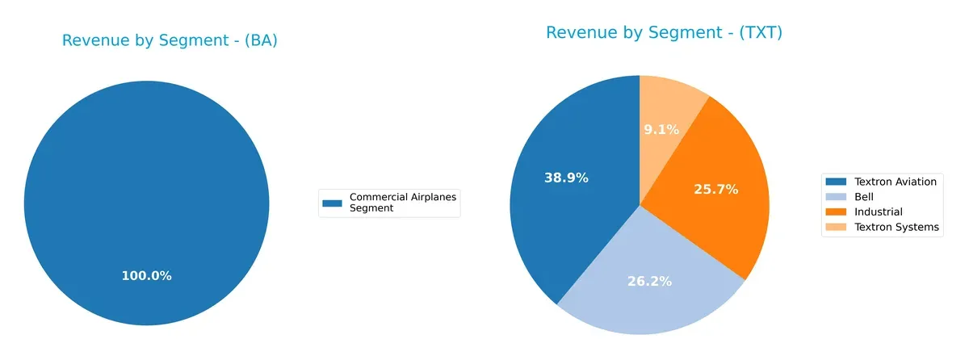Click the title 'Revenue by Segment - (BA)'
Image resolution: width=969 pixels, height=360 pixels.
point(170,41)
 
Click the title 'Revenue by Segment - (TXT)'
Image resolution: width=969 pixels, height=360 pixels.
point(664,33)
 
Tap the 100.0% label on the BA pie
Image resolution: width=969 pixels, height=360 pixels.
point(146,276)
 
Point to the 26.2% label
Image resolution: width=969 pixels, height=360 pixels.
point(649,282)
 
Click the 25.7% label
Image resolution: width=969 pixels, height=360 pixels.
point(715,189)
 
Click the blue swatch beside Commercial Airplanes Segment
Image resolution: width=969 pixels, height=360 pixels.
point(332,203)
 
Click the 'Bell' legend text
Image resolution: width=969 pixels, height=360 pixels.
point(864,196)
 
